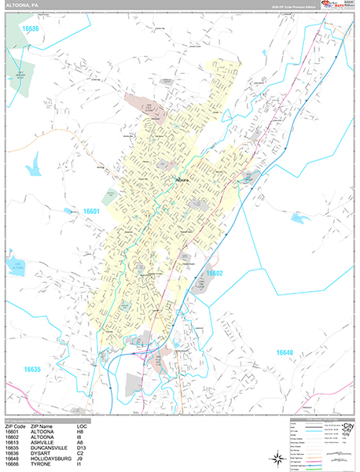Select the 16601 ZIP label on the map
[93, 211]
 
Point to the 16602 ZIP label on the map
[215, 273]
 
